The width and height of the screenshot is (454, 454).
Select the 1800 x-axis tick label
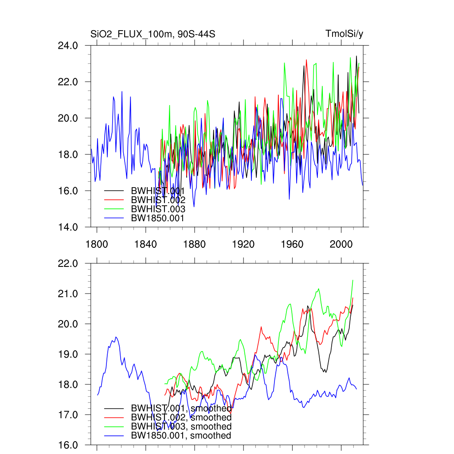97,243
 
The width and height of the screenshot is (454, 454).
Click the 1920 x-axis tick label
243,243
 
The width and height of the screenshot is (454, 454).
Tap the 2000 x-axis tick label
341,243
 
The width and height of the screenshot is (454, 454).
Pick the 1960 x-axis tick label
292,243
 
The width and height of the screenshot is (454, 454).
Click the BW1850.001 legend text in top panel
157,218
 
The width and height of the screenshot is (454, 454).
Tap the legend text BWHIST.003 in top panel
157,208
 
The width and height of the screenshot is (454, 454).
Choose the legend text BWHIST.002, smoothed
181,417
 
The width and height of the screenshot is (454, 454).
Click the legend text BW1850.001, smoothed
181,435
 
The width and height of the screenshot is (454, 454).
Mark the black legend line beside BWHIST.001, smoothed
113,408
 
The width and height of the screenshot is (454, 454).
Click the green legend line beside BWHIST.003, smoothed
113,427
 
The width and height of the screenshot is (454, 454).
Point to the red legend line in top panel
113,200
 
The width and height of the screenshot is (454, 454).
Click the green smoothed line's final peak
352,280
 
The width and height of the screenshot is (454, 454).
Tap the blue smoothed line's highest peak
116,337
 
